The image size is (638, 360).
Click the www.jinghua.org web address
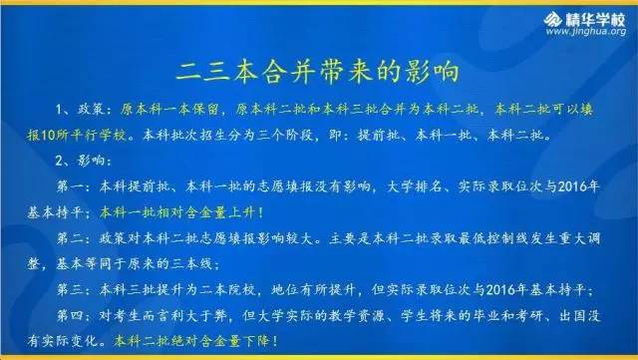pyautogui.click(x=589, y=32)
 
